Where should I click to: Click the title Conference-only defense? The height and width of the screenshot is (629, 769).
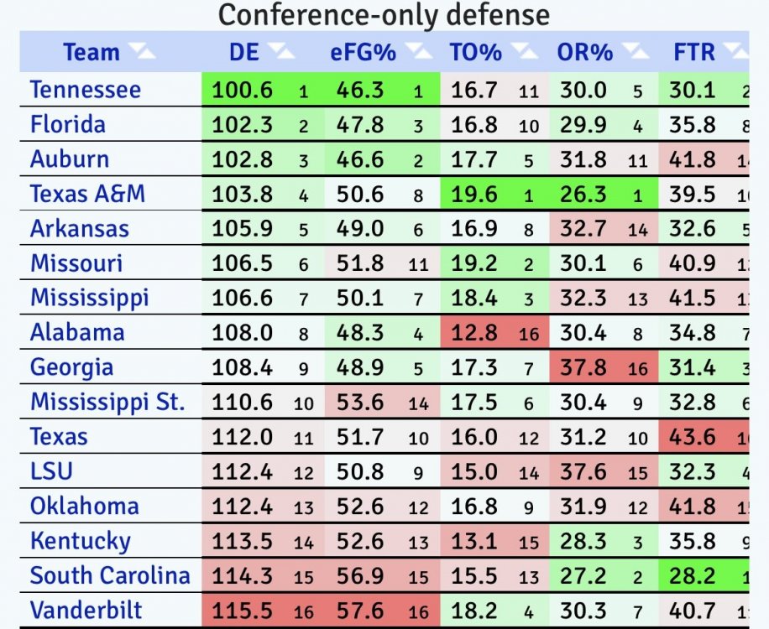pyautogui.click(x=384, y=14)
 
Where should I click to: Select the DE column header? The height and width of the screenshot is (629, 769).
pyautogui.click(x=243, y=52)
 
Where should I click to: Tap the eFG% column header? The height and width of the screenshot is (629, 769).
pyautogui.click(x=362, y=52)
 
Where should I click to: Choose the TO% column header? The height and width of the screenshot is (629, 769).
pyautogui.click(x=475, y=52)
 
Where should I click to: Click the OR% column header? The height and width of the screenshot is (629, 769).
pyautogui.click(x=584, y=52)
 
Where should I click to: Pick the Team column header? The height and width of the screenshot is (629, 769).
pyautogui.click(x=92, y=52)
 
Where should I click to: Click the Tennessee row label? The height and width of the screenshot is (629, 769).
pyautogui.click(x=86, y=90)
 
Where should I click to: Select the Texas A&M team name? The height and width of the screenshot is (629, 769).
pyautogui.click(x=87, y=194)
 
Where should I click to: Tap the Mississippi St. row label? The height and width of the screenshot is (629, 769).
pyautogui.click(x=107, y=402)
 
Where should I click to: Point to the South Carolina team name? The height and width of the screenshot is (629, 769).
pyautogui.click(x=110, y=575)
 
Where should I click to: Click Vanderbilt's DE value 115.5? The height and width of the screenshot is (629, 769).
pyautogui.click(x=242, y=611)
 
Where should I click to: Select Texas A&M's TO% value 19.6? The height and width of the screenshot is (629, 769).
pyautogui.click(x=473, y=194)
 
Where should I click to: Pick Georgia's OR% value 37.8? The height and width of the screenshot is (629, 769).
pyautogui.click(x=583, y=367)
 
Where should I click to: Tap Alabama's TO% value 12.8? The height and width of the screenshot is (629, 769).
pyautogui.click(x=473, y=332)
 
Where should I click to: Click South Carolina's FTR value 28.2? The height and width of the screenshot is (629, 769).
pyautogui.click(x=693, y=575)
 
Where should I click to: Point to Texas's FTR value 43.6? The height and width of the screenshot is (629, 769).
pyautogui.click(x=693, y=436)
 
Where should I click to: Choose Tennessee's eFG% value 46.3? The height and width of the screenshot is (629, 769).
pyautogui.click(x=360, y=90)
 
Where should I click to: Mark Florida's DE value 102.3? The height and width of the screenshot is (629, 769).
pyautogui.click(x=242, y=124)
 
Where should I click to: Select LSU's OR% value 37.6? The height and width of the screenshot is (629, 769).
pyautogui.click(x=583, y=471)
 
